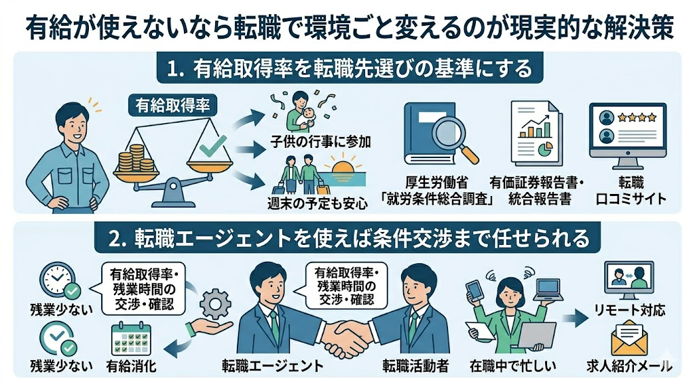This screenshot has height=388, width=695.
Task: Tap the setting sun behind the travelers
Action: coord(343,164)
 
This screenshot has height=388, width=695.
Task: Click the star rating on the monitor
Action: coord(641,117)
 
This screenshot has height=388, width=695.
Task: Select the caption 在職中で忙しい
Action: coord(513,366)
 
